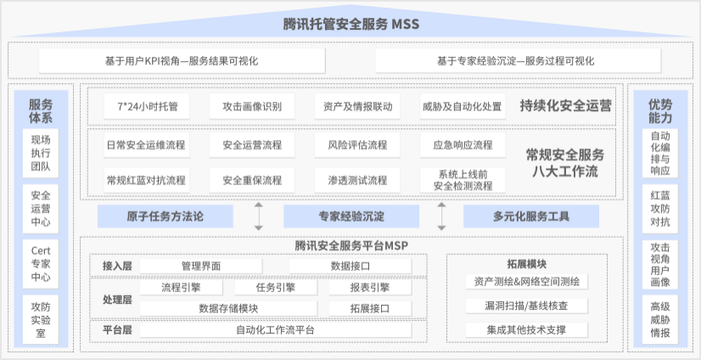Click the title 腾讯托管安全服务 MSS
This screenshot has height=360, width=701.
[x=350, y=24]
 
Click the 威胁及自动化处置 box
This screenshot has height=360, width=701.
[x=462, y=107]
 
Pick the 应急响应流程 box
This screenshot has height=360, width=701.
[x=462, y=145]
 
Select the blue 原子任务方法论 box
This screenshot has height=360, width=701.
[x=165, y=217]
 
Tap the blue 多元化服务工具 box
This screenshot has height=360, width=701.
[x=530, y=217]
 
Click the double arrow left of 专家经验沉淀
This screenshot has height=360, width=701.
[x=259, y=217]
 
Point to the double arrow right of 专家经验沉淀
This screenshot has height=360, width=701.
[x=441, y=217]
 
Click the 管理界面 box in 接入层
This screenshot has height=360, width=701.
[x=201, y=266]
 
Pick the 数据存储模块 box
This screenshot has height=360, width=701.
[x=228, y=307]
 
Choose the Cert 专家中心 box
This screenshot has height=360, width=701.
[x=41, y=263]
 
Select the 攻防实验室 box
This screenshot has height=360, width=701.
[x=41, y=319]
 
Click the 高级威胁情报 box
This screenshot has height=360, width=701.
[x=660, y=319]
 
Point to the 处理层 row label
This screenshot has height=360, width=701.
[x=116, y=299]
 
